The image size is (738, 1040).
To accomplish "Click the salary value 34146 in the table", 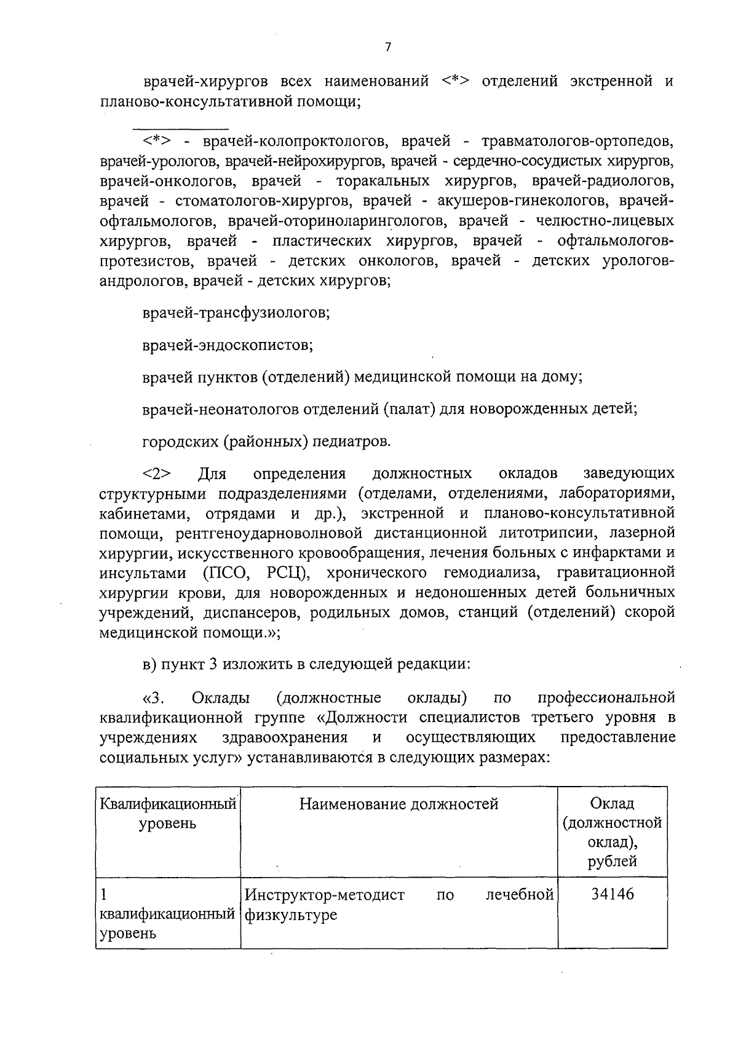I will tap(612, 894).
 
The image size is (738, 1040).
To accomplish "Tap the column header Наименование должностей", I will tap(399, 804).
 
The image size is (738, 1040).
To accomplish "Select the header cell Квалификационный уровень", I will tap(168, 813).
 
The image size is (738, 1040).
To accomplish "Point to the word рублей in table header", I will tap(612, 861).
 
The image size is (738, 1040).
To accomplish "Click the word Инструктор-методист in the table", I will tap(325, 895).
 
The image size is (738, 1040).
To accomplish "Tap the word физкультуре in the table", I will tap(291, 915).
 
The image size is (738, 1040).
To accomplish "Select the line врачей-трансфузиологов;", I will tap(236, 313).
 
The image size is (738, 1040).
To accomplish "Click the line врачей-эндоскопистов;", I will tap(228, 345).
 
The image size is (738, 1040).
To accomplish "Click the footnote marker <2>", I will tap(157, 474).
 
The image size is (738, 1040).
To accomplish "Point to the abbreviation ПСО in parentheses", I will tap(226, 573).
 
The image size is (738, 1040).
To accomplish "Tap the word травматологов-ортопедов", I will tap(577, 141).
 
